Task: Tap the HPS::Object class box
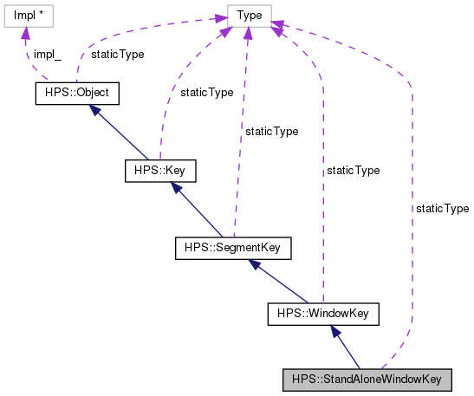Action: pos(75,93)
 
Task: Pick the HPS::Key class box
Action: pos(159,171)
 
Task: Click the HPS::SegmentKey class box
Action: pos(232,249)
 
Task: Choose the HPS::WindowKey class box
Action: pos(323,313)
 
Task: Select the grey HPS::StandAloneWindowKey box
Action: pos(367,379)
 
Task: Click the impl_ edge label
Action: pos(48,54)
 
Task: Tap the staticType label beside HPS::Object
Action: pos(117,54)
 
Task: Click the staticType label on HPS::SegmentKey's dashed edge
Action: pos(271,132)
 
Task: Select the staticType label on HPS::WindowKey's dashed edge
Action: pos(352,171)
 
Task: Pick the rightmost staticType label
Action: pos(442,209)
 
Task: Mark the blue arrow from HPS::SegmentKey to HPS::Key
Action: pos(196,210)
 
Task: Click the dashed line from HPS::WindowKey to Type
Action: pos(322,217)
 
